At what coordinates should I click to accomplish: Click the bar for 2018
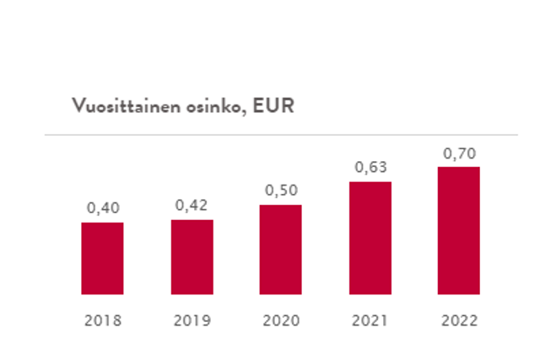click(102, 258)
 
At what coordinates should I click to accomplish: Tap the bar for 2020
click(280, 250)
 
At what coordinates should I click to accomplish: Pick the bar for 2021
click(370, 238)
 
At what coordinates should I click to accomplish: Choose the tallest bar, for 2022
click(458, 230)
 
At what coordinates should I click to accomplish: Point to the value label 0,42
click(192, 206)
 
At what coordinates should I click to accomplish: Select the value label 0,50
click(280, 191)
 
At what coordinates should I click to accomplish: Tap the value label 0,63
click(370, 168)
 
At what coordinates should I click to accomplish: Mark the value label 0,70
click(458, 153)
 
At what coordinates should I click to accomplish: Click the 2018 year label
click(102, 321)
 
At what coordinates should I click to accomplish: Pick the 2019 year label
click(192, 321)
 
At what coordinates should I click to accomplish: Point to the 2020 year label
click(280, 321)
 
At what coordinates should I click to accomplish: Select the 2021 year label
click(370, 321)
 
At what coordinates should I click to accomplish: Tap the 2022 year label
click(458, 321)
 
